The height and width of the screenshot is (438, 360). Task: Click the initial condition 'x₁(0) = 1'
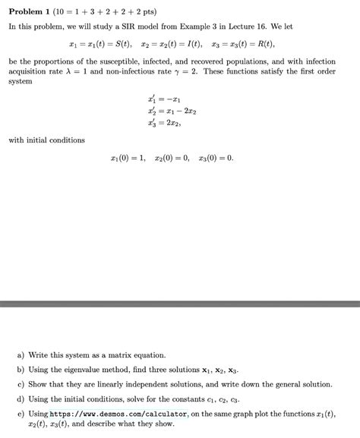click(x=126, y=158)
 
